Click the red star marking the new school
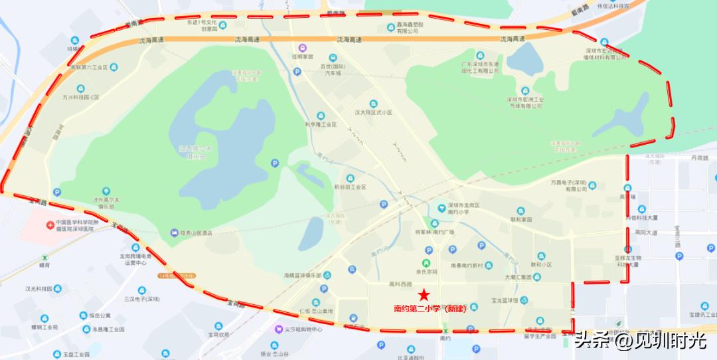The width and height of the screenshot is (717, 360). click(423, 294)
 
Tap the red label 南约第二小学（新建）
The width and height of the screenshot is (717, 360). click(430, 309)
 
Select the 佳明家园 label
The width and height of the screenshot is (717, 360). click(302, 57)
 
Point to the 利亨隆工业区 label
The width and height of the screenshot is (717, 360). click(321, 124)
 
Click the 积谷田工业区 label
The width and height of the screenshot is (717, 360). click(350, 187)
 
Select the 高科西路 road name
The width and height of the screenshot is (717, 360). click(400, 284)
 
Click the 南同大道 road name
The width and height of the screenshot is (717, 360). click(645, 232)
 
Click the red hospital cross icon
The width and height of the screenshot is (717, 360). click(50, 225)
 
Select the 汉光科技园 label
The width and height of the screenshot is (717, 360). click(39, 289)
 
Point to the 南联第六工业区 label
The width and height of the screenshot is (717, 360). click(89, 67)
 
